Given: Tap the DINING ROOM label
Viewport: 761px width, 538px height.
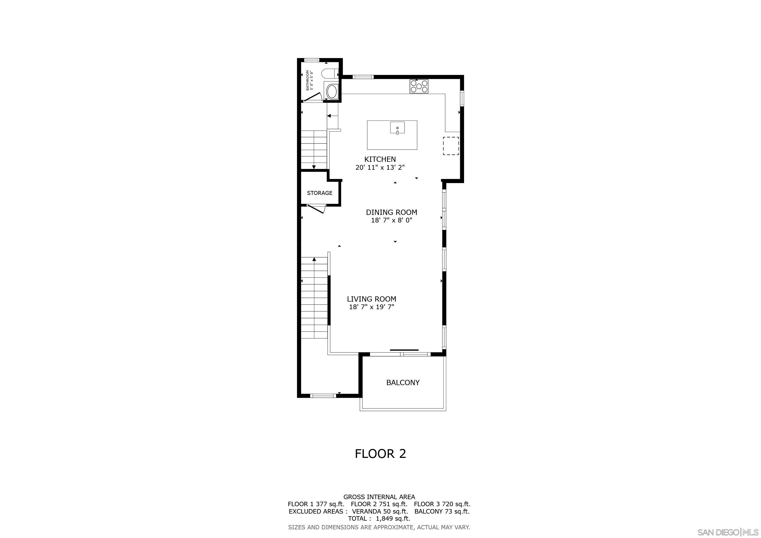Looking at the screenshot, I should [392, 212].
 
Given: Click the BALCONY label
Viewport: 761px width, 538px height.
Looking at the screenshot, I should [403, 383].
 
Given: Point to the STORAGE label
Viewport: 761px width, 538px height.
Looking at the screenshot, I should [320, 193].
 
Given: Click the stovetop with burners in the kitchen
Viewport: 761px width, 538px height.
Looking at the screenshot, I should [419, 86].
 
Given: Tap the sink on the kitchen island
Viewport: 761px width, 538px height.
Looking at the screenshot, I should [397, 128].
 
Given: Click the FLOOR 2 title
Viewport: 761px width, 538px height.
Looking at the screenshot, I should [380, 453].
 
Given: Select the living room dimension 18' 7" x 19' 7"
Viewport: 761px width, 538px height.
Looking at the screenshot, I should [372, 307].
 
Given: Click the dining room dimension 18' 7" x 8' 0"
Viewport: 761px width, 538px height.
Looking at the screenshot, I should [392, 220].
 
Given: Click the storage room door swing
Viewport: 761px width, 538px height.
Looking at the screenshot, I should [317, 209].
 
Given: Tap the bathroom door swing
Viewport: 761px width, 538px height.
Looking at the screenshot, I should [313, 97].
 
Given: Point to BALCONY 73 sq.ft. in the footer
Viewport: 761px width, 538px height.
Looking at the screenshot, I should [442, 511].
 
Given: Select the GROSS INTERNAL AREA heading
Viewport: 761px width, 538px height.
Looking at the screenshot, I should [379, 497].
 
